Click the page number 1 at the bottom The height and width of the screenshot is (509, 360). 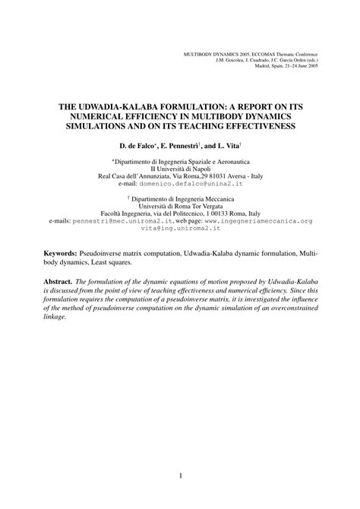point(180,476)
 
